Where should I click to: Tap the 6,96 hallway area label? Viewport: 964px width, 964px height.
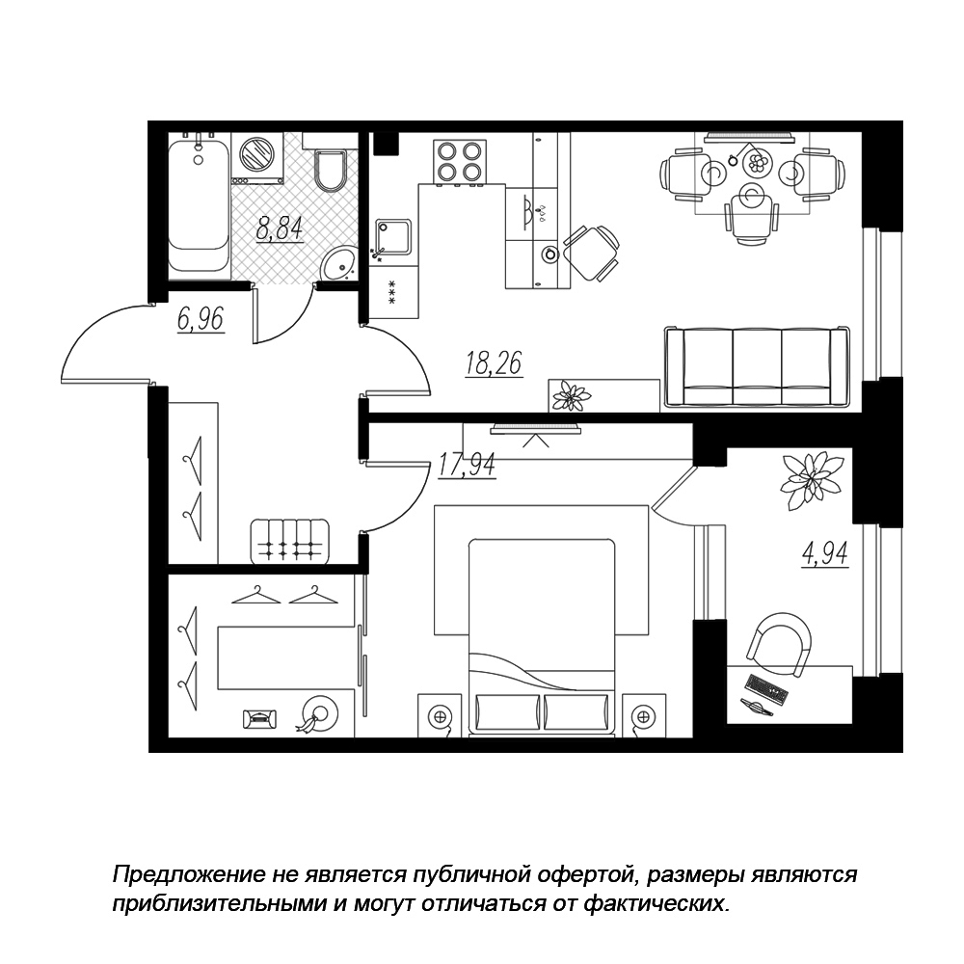pyautogui.click(x=201, y=320)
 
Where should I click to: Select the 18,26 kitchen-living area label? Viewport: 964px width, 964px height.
pyautogui.click(x=494, y=362)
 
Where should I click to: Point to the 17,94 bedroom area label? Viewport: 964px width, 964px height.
pyautogui.click(x=467, y=465)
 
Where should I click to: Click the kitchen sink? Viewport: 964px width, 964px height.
pyautogui.click(x=393, y=237)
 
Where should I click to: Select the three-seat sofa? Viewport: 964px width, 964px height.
pyautogui.click(x=757, y=367)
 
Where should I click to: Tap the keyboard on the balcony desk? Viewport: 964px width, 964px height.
pyautogui.click(x=766, y=688)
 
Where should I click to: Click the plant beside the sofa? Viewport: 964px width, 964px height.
pyautogui.click(x=572, y=395)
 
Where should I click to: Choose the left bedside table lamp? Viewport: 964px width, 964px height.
pyautogui.click(x=439, y=716)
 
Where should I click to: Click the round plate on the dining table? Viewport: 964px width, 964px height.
pyautogui.click(x=757, y=163)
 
